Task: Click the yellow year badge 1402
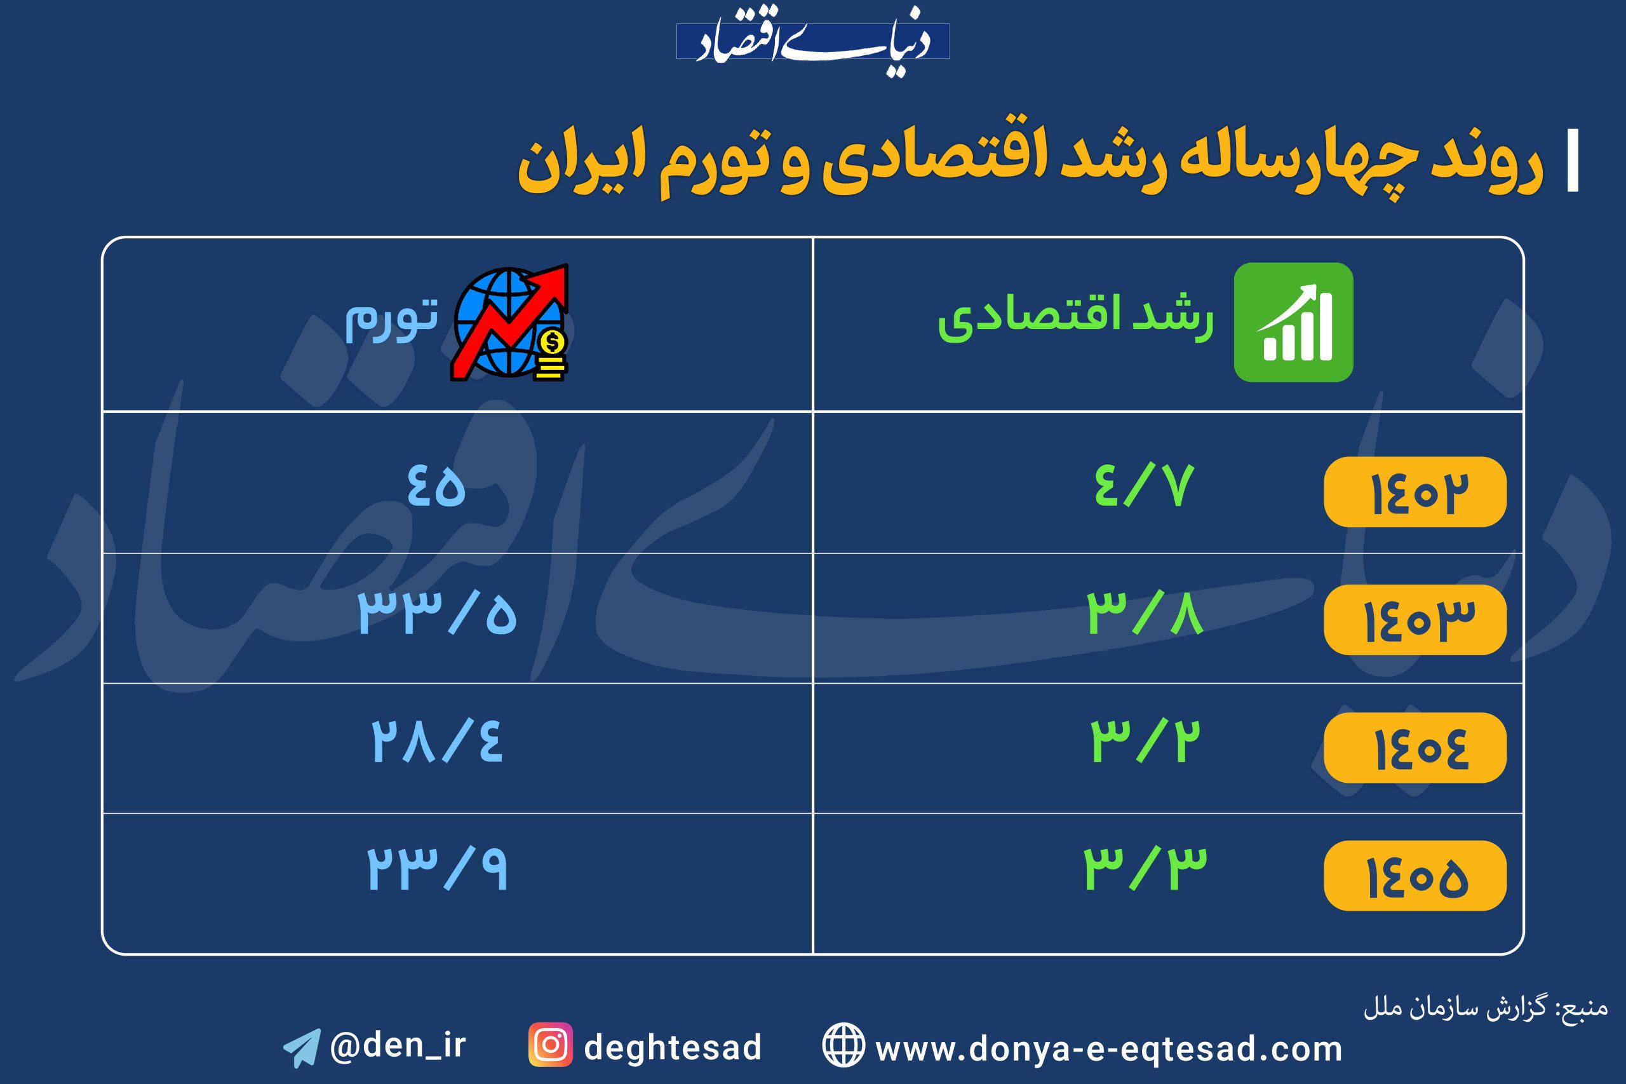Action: (x=1414, y=492)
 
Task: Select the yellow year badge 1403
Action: (x=1414, y=620)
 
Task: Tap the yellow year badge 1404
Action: (x=1414, y=747)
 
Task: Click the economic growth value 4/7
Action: (x=1144, y=486)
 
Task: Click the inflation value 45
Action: (x=436, y=486)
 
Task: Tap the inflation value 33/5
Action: (x=437, y=614)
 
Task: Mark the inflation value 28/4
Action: (x=437, y=741)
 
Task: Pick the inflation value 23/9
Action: (x=437, y=869)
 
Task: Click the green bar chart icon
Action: (x=1293, y=322)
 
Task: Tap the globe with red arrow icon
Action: (x=510, y=322)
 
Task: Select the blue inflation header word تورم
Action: (x=391, y=321)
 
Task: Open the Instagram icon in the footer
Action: (x=550, y=1045)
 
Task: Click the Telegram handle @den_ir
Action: (x=398, y=1045)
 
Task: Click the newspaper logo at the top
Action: (x=812, y=41)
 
